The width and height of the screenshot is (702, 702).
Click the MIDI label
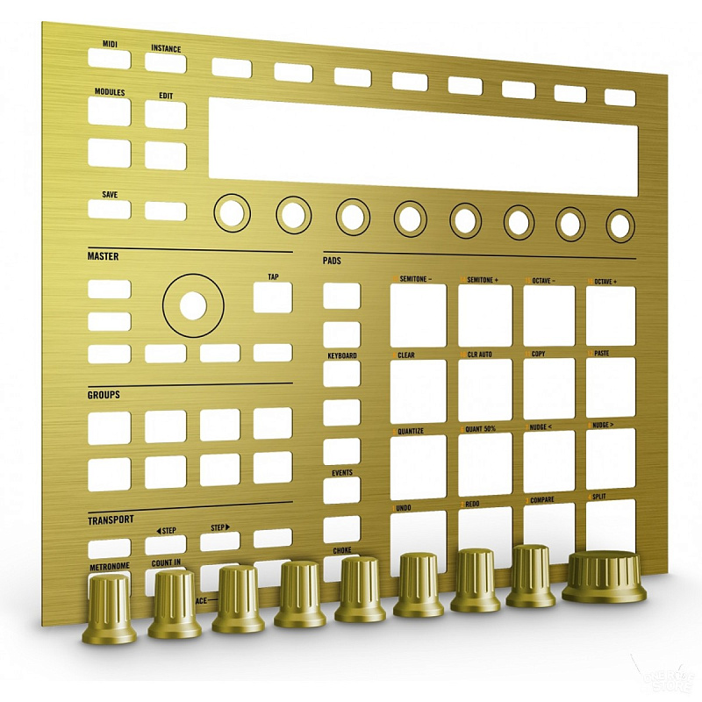tap(110, 43)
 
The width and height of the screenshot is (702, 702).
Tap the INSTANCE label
tap(166, 48)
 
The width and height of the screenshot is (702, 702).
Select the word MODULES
tap(110, 92)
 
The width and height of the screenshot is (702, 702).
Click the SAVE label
tap(110, 195)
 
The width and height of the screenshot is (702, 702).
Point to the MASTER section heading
tap(103, 256)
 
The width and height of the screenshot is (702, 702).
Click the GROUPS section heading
tap(104, 395)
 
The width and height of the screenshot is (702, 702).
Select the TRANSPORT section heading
tap(111, 519)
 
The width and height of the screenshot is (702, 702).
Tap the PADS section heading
tap(332, 261)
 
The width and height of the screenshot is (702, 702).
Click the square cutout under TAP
tap(273, 298)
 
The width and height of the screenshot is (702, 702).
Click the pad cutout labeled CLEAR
tap(419, 390)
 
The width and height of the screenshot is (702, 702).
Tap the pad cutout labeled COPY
tap(548, 388)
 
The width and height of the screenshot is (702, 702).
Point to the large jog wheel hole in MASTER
tap(193, 304)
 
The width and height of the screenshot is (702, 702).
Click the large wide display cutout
tap(422, 146)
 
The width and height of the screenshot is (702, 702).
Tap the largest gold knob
tap(604, 577)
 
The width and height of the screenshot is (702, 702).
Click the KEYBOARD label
tap(342, 355)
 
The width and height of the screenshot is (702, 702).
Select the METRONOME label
tap(109, 567)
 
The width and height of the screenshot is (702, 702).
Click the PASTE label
tap(601, 354)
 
